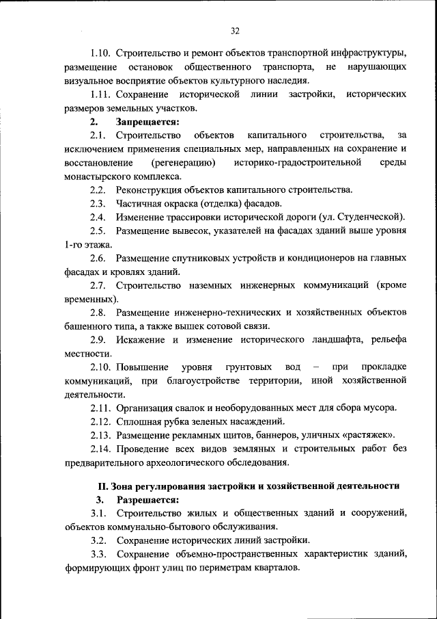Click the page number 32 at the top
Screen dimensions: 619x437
pyautogui.click(x=234, y=31)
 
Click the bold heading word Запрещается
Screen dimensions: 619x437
pyautogui.click(x=147, y=122)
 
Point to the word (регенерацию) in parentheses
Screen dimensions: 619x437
pyautogui.click(x=183, y=162)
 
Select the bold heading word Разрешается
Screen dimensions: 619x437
pyautogui.click(x=147, y=500)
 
